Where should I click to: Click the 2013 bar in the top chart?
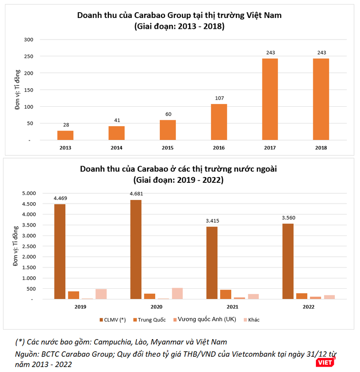click(65, 135)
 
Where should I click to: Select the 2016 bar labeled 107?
click(219, 122)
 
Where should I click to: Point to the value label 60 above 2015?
click(168, 114)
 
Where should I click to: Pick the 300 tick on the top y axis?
click(29, 40)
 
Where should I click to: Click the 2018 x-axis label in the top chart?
click(321, 148)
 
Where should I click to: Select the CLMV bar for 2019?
click(60, 251)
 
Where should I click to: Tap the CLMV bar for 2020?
click(136, 249)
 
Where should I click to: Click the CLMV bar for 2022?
click(288, 261)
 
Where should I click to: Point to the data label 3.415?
click(212, 221)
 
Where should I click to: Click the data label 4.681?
click(136, 194)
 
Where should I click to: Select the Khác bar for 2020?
click(177, 293)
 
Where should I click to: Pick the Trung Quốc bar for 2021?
click(225, 294)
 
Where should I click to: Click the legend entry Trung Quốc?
click(149, 320)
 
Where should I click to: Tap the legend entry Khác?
click(253, 320)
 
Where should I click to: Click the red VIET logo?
click(324, 362)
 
